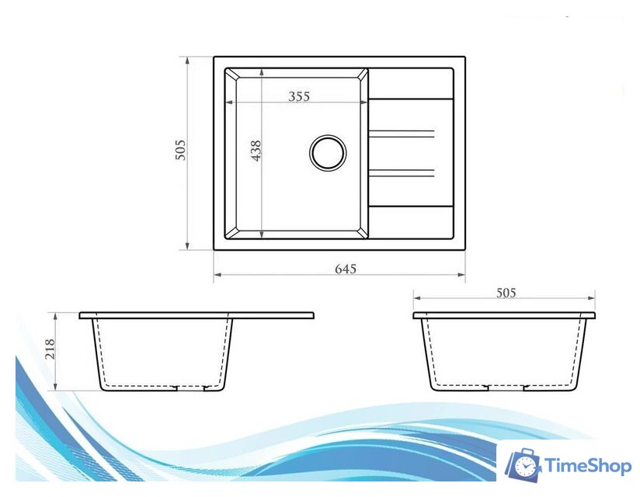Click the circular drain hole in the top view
[328, 152]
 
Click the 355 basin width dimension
[299, 97]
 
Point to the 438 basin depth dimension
[256, 151]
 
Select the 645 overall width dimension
[345, 269]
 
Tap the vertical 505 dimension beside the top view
[180, 149]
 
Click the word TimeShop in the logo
[587, 465]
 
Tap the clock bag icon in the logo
[524, 464]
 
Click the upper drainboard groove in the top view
[401, 134]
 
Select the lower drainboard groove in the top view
[401, 172]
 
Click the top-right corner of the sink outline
[464, 57]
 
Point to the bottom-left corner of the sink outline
[214, 249]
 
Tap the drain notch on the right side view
[506, 386]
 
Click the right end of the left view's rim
[313, 315]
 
